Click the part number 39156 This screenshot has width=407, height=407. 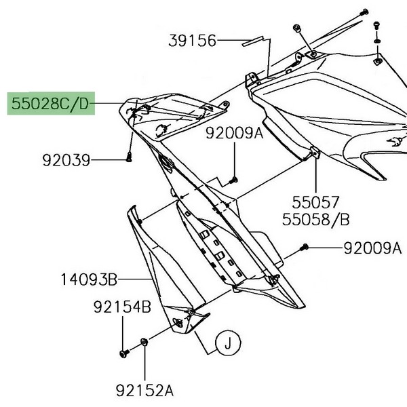192,41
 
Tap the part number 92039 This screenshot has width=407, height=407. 66,161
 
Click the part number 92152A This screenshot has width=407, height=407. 144,390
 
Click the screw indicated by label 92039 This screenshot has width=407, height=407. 128,159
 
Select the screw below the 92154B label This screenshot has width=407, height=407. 123,353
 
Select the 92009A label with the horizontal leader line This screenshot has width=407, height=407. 372,248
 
